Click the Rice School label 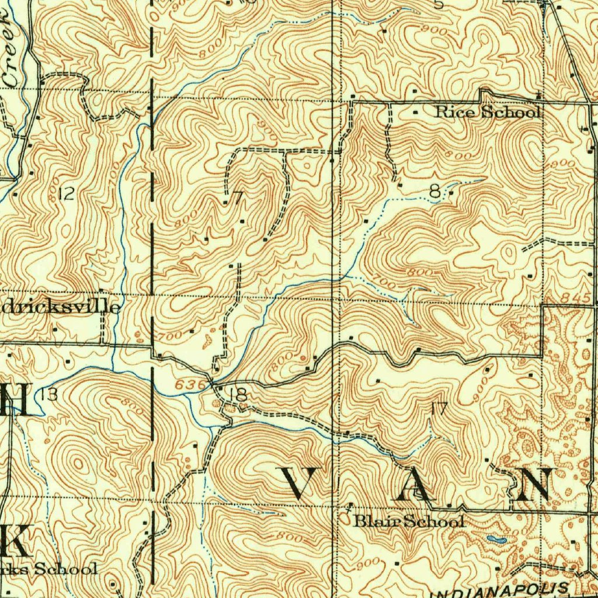pos(488,112)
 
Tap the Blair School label pos(409,521)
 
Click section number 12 pos(67,194)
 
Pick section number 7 pos(237,198)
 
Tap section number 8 pos(434,190)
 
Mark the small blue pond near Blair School pos(496,539)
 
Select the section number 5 pos(439,5)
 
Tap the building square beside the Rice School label pos(415,112)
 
